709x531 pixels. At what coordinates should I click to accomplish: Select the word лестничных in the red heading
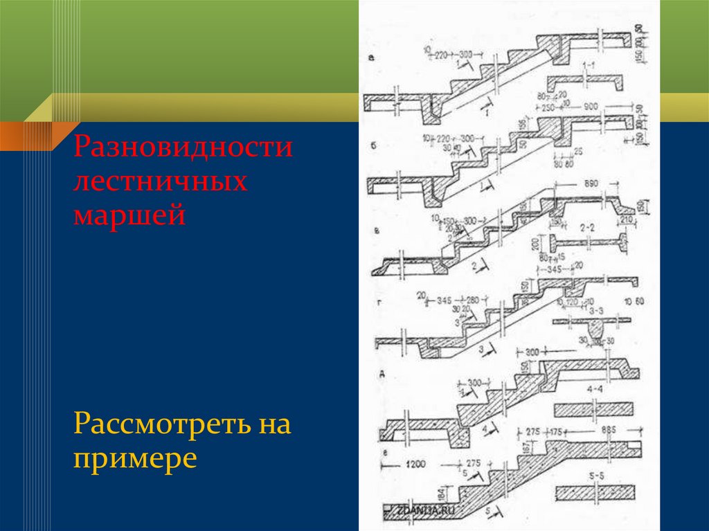coord(161,183)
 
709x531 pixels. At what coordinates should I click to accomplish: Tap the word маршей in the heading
coord(129,215)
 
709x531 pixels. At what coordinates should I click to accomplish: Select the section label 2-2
coord(588,226)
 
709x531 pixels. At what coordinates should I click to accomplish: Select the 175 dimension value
coord(555,431)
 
